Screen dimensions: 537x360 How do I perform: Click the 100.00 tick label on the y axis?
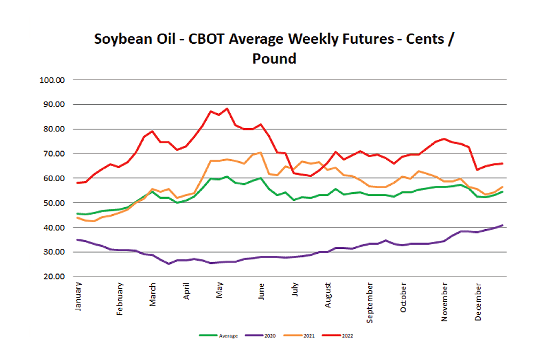pyautogui.click(x=52, y=80)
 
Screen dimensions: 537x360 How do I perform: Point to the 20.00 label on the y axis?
pyautogui.click(x=54, y=277)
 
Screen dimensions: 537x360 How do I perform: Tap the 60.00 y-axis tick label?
pyautogui.click(x=54, y=178)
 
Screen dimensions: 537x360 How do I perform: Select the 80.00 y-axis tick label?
pyautogui.click(x=54, y=129)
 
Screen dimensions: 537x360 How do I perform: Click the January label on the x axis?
pyautogui.click(x=78, y=296)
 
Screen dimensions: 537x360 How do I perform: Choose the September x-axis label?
pyautogui.click(x=370, y=303)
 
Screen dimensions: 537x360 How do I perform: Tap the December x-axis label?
pyautogui.click(x=478, y=302)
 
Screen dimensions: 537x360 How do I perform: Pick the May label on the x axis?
pyautogui.click(x=220, y=290)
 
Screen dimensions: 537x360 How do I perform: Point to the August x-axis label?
pyautogui.click(x=328, y=295)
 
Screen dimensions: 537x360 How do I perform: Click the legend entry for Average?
pyautogui.click(x=219, y=336)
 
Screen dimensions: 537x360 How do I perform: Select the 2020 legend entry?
pyautogui.click(x=260, y=336)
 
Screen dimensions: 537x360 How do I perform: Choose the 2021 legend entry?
pyautogui.click(x=299, y=336)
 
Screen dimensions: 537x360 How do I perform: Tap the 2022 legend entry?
pyautogui.click(x=338, y=336)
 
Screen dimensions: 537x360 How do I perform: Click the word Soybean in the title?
pyautogui.click(x=123, y=39)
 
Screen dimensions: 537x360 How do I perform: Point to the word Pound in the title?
pyautogui.click(x=274, y=59)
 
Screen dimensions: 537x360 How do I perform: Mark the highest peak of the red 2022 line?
pyautogui.click(x=227, y=109)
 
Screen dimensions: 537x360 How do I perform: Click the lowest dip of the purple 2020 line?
pyautogui.click(x=168, y=263)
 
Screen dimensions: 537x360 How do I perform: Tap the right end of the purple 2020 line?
pyautogui.click(x=502, y=225)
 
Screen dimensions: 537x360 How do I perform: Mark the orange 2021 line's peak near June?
pyautogui.click(x=261, y=153)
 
